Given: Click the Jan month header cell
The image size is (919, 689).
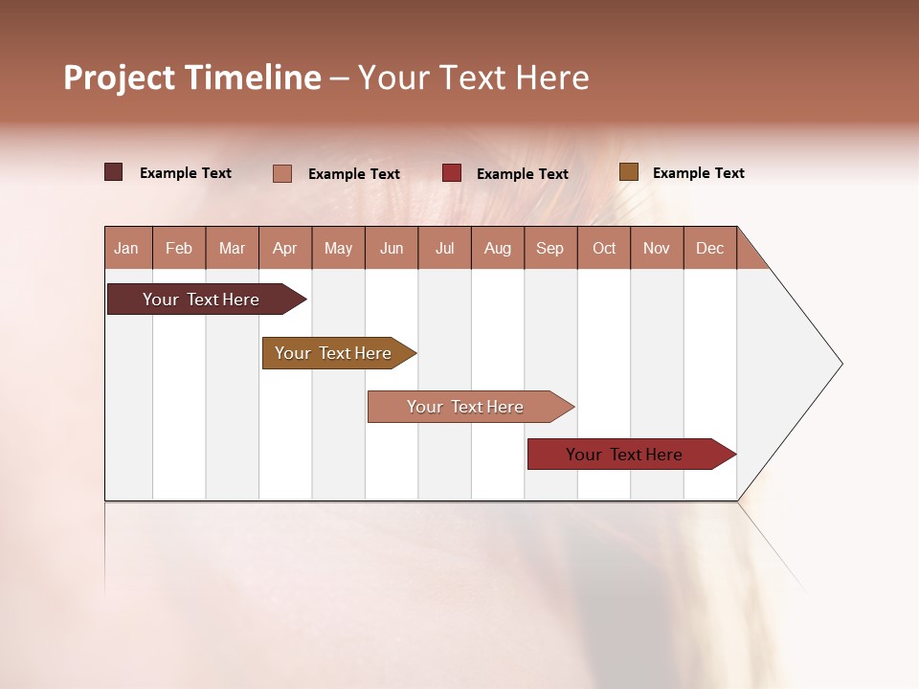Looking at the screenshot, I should (x=127, y=248).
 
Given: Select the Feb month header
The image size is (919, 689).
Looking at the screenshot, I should (x=179, y=248).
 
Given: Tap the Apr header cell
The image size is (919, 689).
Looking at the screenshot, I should (x=285, y=248).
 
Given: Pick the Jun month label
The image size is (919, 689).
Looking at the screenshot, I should (x=392, y=248).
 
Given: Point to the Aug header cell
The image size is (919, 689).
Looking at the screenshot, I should (x=498, y=248).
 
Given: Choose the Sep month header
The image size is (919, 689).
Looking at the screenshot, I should (x=550, y=248).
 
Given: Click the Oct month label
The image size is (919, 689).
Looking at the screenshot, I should (x=604, y=248).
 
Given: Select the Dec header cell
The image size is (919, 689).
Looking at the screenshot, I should (x=710, y=248).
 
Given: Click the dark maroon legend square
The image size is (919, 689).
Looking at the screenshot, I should (x=114, y=172).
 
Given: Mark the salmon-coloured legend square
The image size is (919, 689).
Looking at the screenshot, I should (x=282, y=173).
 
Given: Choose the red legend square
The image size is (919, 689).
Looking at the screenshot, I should (x=452, y=173).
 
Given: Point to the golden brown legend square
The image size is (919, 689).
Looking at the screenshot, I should (x=629, y=172).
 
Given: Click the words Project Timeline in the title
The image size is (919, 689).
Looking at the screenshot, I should (x=191, y=78).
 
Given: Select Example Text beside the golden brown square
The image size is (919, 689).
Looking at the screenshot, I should (x=698, y=173).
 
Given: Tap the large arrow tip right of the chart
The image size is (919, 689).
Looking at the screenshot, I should (x=795, y=364).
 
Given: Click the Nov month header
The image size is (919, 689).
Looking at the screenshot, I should (x=657, y=248).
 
